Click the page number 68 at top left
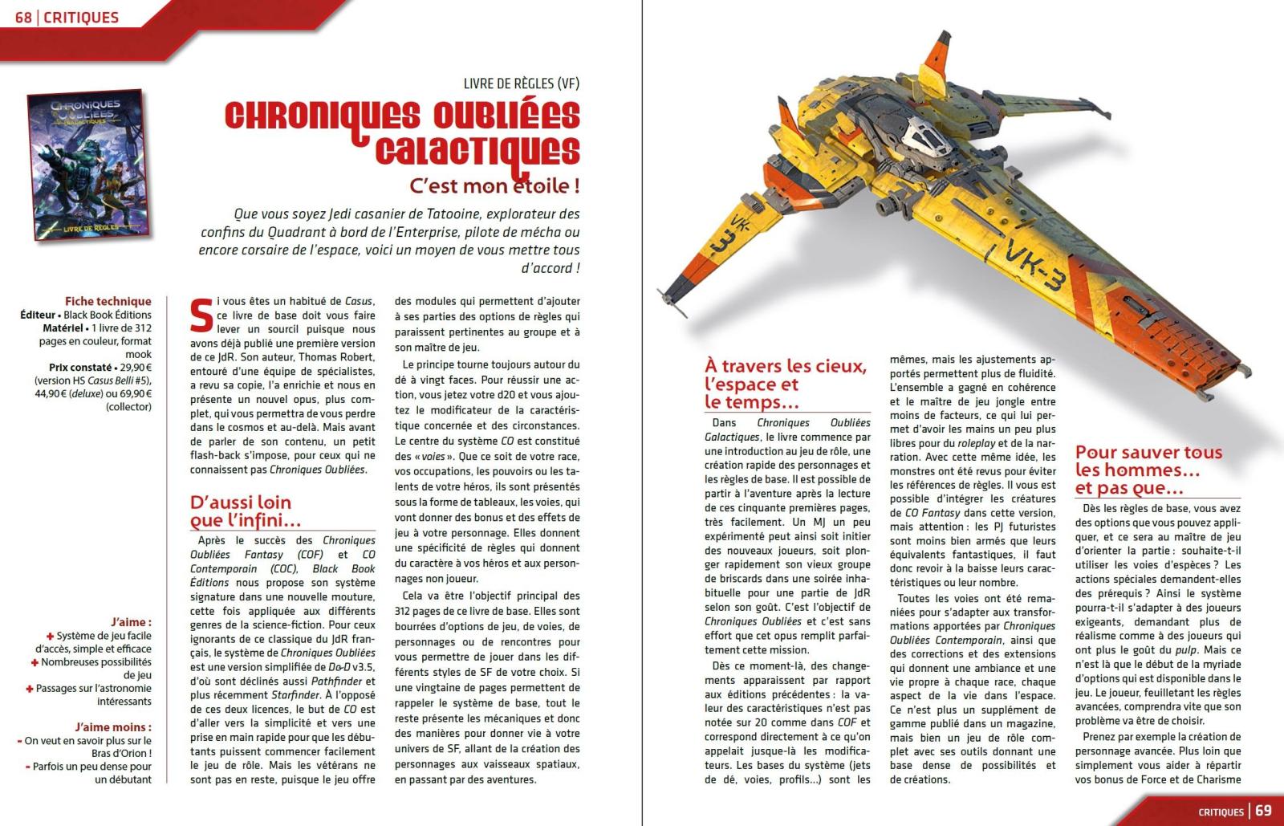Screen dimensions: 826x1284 tap(23, 17)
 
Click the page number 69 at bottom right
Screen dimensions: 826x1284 tap(1264, 810)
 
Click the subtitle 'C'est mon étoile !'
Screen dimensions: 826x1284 tap(494, 186)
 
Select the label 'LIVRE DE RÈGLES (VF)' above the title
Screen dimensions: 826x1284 tap(522, 83)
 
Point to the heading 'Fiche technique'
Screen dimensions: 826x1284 tap(108, 302)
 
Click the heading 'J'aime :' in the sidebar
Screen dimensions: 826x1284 tap(131, 622)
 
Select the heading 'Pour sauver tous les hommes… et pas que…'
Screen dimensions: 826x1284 tap(1148, 470)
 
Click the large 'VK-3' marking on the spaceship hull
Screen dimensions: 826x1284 tap(1036, 262)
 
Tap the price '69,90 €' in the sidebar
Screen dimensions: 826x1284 tap(133, 393)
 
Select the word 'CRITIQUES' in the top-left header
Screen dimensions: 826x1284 tap(81, 17)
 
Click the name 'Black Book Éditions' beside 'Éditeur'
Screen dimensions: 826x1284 tap(108, 315)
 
